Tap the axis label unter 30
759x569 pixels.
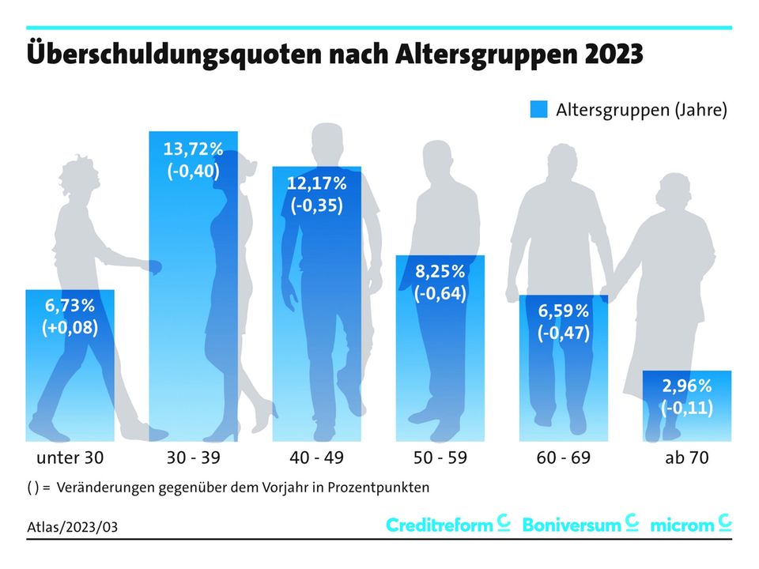pyautogui.click(x=70, y=458)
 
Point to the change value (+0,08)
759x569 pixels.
pyautogui.click(x=70, y=327)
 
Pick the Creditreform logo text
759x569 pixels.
pyautogui.click(x=440, y=525)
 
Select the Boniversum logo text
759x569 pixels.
pyautogui.click(x=572, y=525)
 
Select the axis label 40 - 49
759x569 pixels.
pyautogui.click(x=316, y=458)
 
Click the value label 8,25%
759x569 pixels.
pyautogui.click(x=440, y=273)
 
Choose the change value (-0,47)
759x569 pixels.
pyautogui.click(x=564, y=333)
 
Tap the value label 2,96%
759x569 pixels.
pyautogui.click(x=686, y=386)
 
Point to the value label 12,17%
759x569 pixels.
pyautogui.click(x=316, y=184)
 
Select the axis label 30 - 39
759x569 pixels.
pyautogui.click(x=193, y=458)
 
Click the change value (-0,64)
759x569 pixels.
pyautogui.click(x=440, y=295)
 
